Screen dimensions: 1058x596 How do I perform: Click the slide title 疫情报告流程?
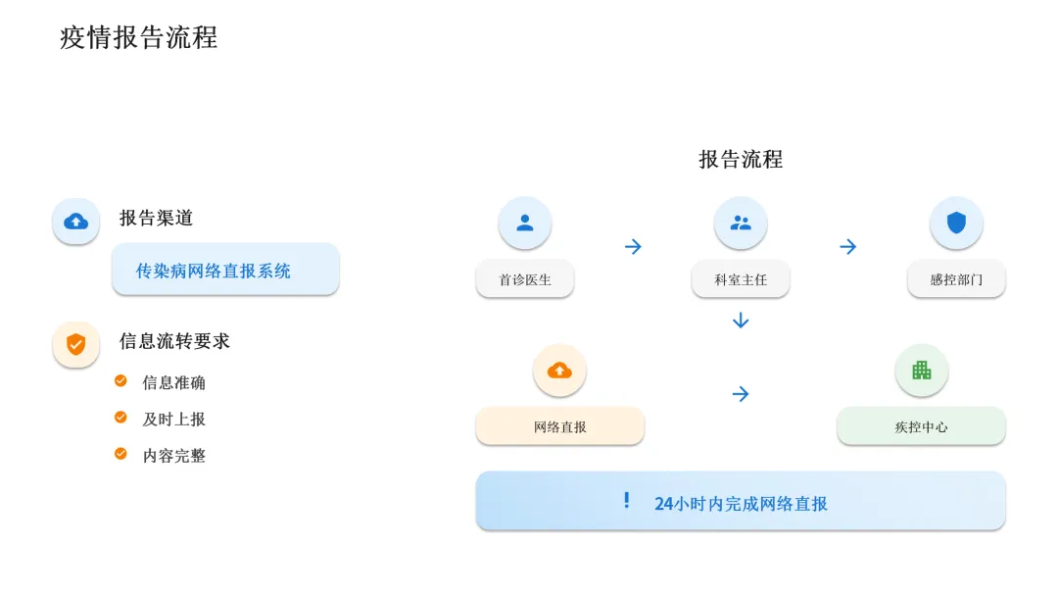pyautogui.click(x=138, y=38)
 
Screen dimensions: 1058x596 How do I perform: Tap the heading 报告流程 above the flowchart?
pyautogui.click(x=741, y=160)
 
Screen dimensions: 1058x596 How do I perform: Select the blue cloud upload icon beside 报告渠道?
pyautogui.click(x=75, y=222)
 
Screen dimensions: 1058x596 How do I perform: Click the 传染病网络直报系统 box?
pyautogui.click(x=225, y=270)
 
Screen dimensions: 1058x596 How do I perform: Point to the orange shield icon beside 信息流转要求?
pyautogui.click(x=75, y=344)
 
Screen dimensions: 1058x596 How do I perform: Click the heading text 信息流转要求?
pyautogui.click(x=174, y=341)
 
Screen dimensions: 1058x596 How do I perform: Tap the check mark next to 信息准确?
pyautogui.click(x=120, y=380)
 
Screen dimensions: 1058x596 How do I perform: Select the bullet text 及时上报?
pyautogui.click(x=173, y=419)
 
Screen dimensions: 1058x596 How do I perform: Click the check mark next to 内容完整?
pyautogui.click(x=120, y=454)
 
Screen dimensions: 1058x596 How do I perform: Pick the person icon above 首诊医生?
pyautogui.click(x=525, y=223)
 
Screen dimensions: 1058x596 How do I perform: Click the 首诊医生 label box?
pyautogui.click(x=525, y=279)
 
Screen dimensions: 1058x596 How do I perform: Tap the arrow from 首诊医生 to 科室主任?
pyautogui.click(x=633, y=246)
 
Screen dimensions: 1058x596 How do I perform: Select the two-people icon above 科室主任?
pyautogui.click(x=741, y=223)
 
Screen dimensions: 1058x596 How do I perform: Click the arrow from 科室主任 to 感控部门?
pyautogui.click(x=848, y=246)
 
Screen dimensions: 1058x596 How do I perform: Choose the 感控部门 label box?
pyautogui.click(x=956, y=279)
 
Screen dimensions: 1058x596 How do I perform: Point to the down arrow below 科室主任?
pyautogui.click(x=741, y=321)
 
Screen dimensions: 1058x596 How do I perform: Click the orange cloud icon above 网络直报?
pyautogui.click(x=559, y=370)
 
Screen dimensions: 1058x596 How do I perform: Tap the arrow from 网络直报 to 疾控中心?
pyautogui.click(x=741, y=394)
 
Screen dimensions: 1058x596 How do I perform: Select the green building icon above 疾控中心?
pyautogui.click(x=921, y=370)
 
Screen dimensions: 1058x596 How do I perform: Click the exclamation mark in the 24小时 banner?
pyautogui.click(x=627, y=501)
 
